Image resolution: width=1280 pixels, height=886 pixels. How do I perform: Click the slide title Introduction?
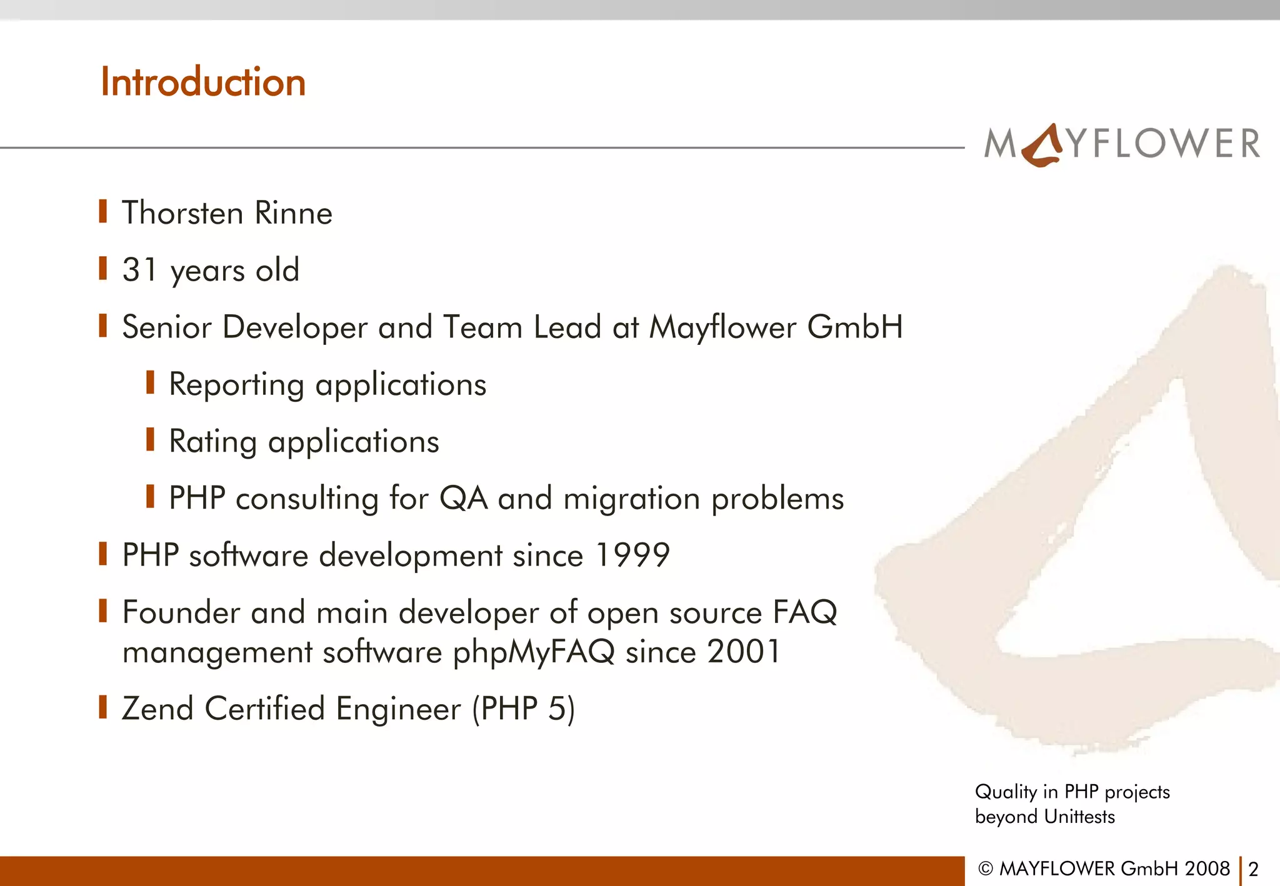coord(203,82)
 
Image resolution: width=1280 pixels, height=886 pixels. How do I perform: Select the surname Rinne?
coord(294,213)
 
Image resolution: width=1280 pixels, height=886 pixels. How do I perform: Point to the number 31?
coord(139,269)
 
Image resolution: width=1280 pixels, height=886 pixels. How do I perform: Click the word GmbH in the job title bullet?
coord(854,327)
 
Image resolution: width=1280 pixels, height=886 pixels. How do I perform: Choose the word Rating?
coord(213,442)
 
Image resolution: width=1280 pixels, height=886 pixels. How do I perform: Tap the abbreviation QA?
coord(463,499)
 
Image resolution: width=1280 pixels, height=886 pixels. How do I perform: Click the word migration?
coord(631,499)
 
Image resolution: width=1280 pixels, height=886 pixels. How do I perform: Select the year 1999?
coord(632,555)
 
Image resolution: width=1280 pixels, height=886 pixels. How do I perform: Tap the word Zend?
coord(157,709)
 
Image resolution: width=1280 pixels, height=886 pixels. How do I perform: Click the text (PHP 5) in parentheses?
coord(523,709)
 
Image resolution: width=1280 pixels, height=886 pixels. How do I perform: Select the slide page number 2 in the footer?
coord(1252,869)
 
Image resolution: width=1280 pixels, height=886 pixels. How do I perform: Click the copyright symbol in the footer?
coord(986,869)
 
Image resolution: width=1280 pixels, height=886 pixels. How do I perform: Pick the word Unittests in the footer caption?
coord(1079,817)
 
